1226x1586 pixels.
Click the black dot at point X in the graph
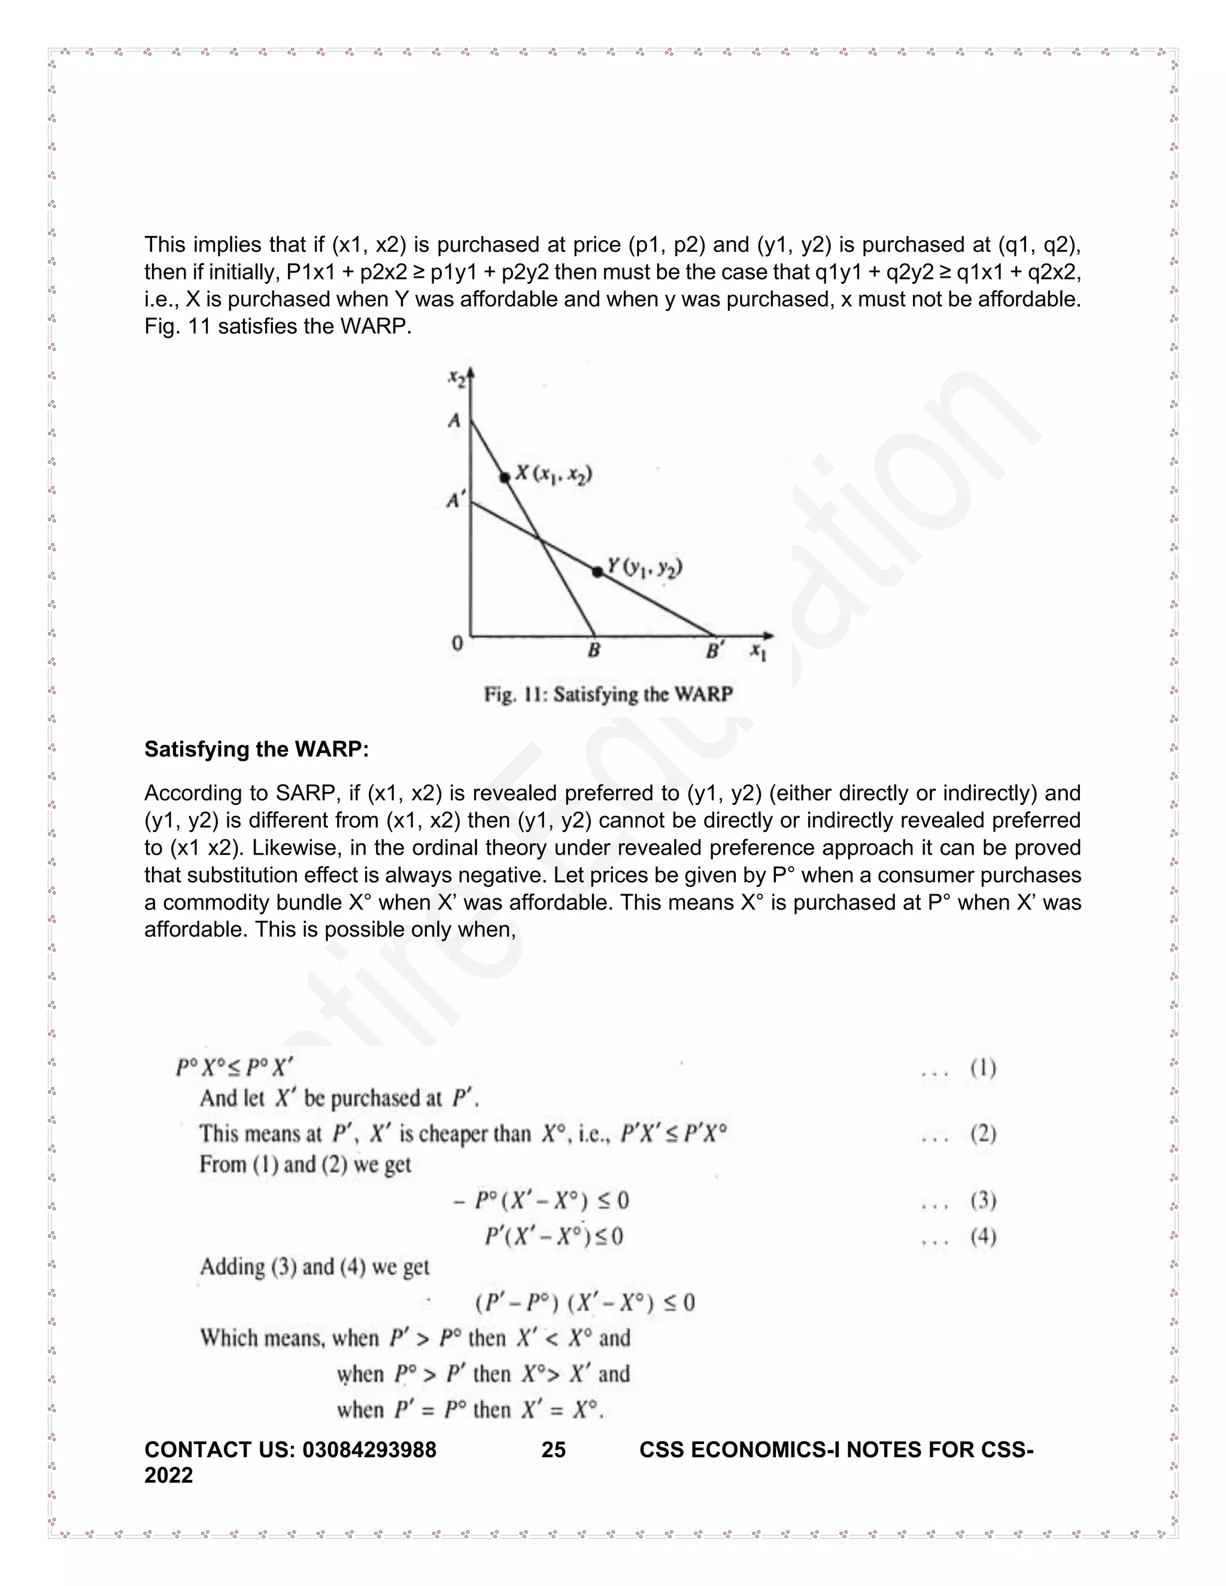pos(505,477)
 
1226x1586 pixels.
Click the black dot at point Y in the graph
pos(597,572)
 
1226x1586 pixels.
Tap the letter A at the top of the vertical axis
pos(455,421)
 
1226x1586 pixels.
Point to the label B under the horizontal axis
pos(593,651)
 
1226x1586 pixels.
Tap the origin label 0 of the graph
pos(457,643)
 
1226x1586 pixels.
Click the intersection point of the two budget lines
pos(539,538)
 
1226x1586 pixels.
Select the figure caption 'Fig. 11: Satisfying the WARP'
pos(608,695)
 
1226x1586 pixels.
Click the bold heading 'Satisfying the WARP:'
pos(256,749)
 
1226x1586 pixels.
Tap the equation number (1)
pos(983,1068)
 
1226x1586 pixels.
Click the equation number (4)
pos(983,1236)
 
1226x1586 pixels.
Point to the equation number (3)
pos(983,1201)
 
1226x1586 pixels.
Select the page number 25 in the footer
pos(554,1450)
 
